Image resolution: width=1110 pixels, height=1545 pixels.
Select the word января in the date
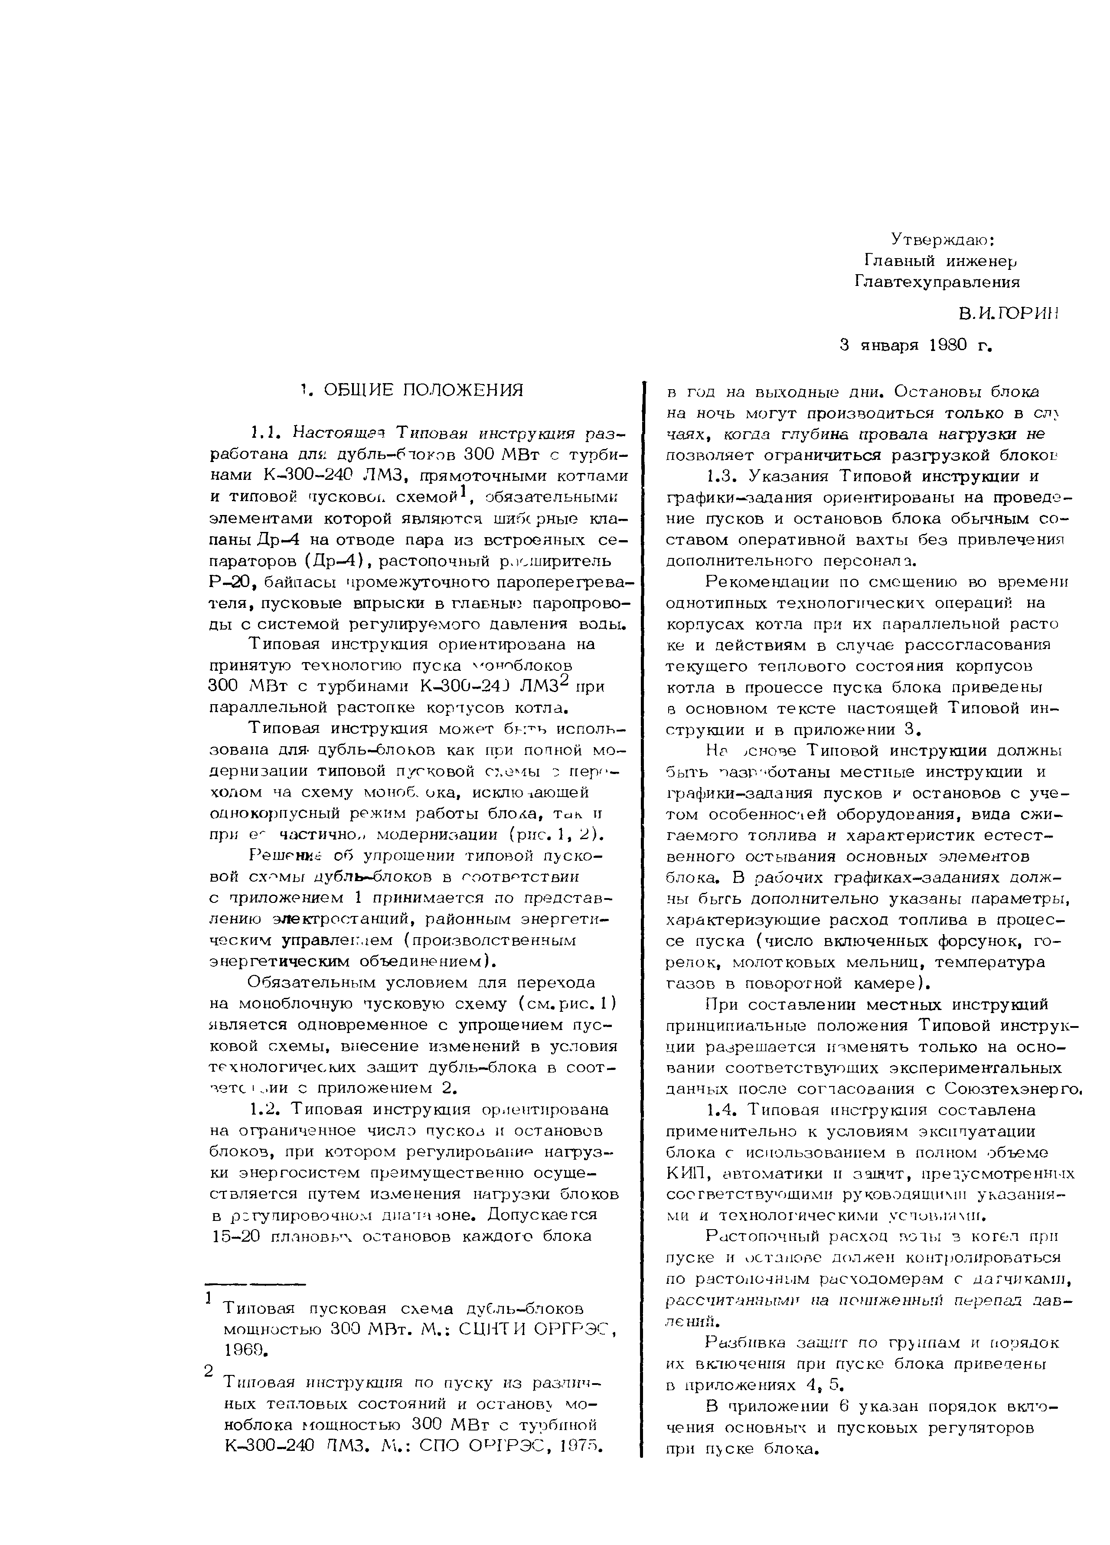tap(890, 345)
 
